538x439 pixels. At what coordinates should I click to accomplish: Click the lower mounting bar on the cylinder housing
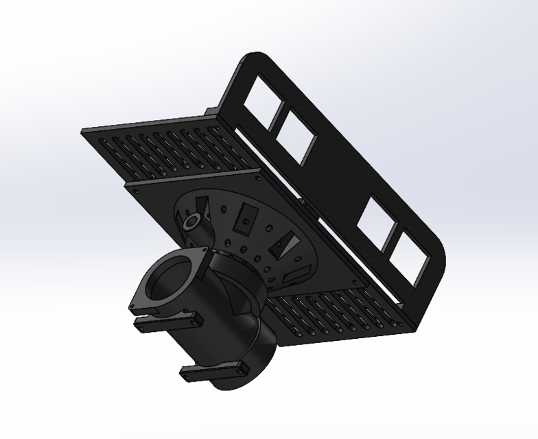[213, 372]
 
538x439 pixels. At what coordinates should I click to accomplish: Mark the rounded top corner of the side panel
[254, 58]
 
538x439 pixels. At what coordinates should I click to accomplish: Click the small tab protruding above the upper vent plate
[211, 111]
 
